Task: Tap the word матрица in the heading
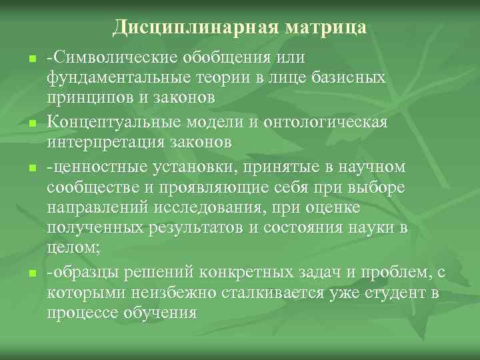(326, 27)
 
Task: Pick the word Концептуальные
(112, 123)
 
